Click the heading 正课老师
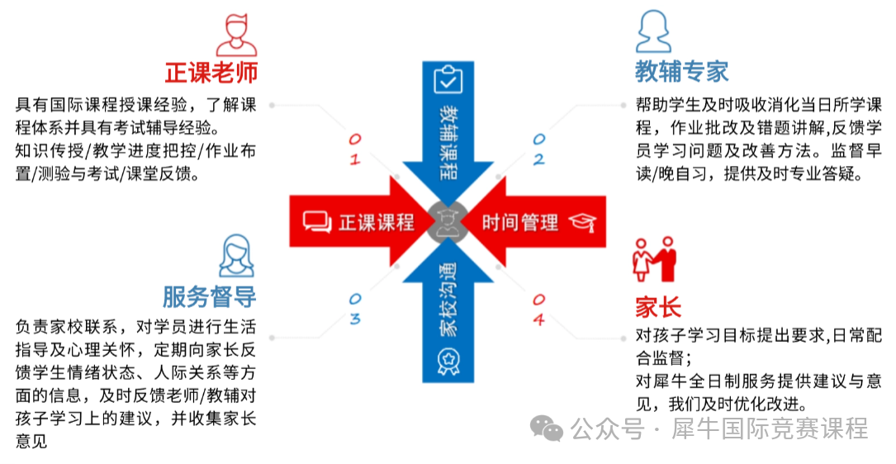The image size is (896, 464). point(211,73)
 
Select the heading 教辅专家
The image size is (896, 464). point(682,72)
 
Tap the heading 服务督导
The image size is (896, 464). point(209,296)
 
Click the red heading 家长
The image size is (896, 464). point(658,307)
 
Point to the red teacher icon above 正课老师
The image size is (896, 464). point(236,35)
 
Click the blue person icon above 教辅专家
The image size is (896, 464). point(654,31)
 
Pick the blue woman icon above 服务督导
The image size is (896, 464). point(236,255)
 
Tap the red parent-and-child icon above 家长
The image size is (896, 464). point(655,259)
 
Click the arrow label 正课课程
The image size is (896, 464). point(376,222)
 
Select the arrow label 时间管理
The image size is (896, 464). point(519,222)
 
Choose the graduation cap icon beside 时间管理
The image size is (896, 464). point(583,223)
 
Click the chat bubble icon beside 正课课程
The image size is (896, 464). point(317,222)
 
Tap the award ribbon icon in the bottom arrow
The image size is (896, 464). point(448,361)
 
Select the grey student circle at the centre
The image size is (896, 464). point(448,222)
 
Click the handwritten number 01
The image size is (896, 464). point(355,149)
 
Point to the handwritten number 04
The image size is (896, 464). point(538,310)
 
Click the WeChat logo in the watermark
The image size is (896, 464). point(547,428)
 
